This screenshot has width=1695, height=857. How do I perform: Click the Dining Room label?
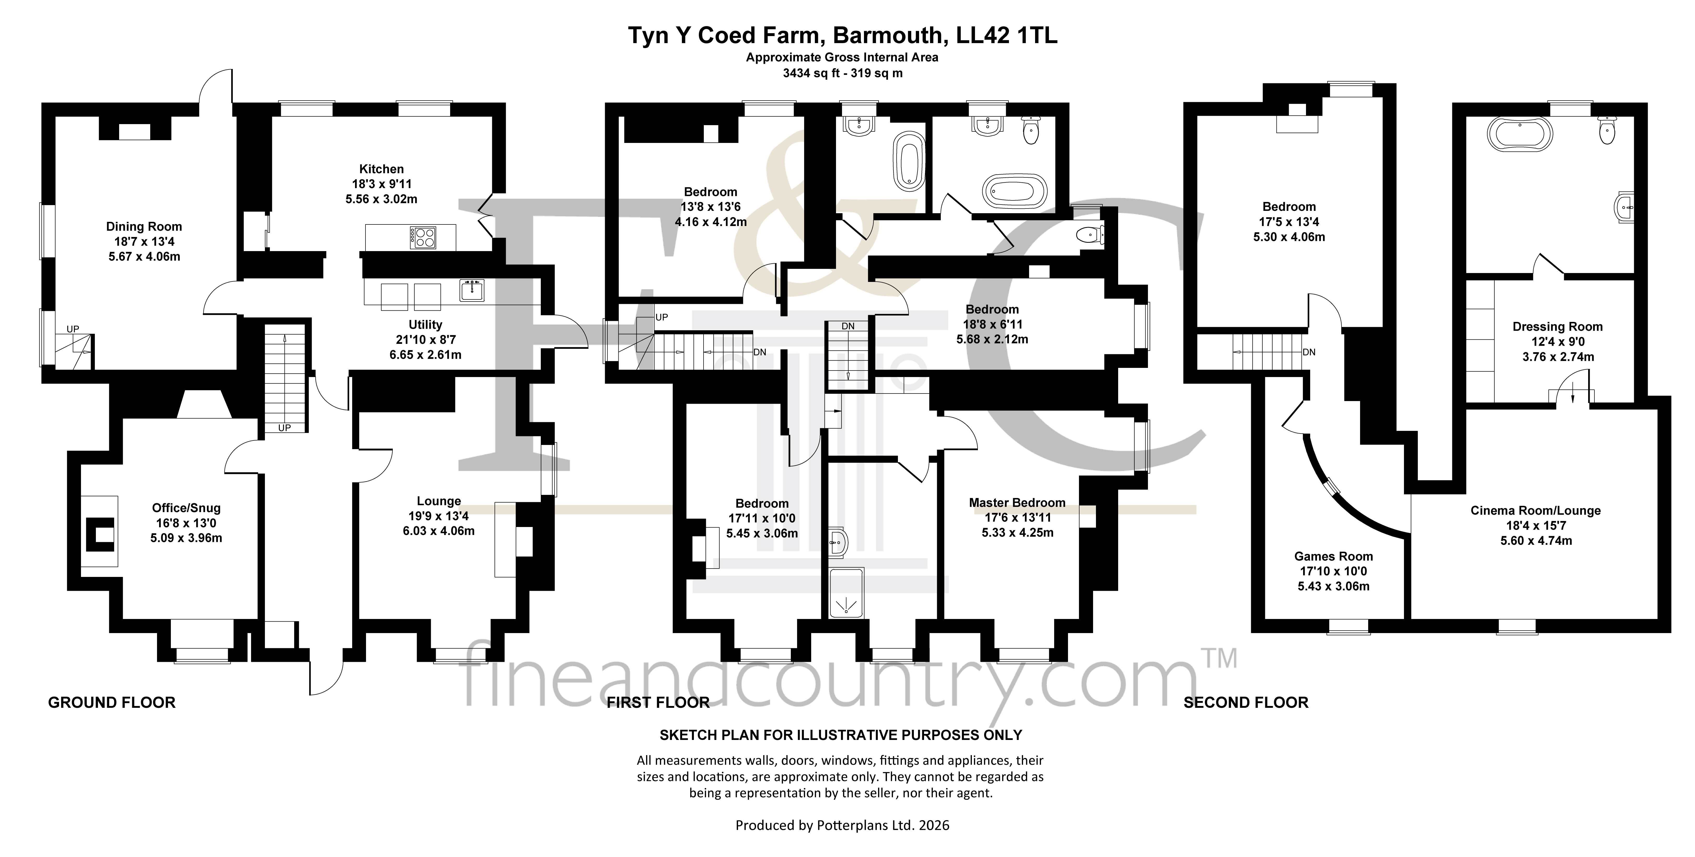pos(144,227)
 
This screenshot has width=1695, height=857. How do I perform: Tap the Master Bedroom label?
pos(1017,503)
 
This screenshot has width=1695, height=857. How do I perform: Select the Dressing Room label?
pos(1558,327)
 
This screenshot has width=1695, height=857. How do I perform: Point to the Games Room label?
pos(1334,556)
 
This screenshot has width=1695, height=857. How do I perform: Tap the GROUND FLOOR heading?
pos(112,703)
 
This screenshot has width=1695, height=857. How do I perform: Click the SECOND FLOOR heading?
pos(1246,703)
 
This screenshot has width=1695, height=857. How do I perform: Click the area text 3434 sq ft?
pos(811,74)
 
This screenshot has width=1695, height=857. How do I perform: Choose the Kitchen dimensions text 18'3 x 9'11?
pos(382,184)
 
